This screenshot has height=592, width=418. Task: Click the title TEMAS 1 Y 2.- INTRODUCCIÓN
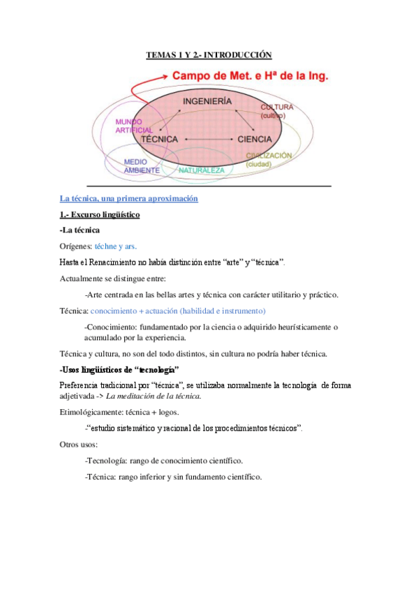[208, 54]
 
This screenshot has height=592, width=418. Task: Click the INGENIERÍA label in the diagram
[207, 102]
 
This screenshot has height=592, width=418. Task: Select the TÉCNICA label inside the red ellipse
[160, 139]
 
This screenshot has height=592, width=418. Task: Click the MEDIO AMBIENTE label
[141, 165]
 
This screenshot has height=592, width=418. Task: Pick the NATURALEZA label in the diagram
[201, 170]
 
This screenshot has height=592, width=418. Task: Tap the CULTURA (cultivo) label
[277, 111]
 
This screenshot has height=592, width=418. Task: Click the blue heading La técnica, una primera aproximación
[129, 198]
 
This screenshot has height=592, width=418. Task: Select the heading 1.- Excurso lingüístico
[100, 214]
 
